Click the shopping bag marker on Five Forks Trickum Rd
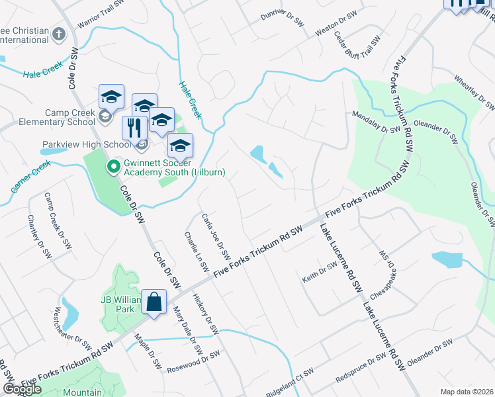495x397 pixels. tap(154, 303)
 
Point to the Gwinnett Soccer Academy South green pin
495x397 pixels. tap(112, 167)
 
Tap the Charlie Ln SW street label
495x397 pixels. tap(197, 252)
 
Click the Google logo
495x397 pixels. tap(22, 389)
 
